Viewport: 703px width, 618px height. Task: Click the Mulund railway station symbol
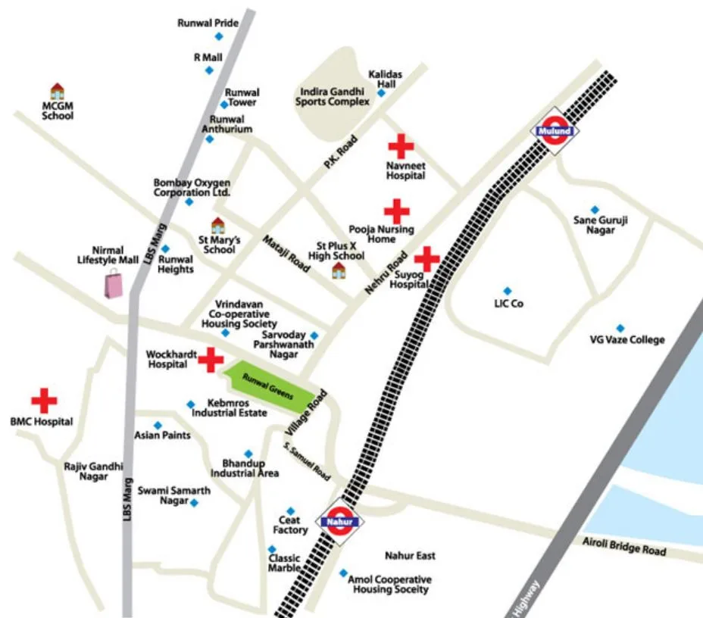click(556, 131)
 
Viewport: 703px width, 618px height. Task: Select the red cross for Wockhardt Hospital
click(211, 360)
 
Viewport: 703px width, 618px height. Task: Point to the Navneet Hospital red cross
click(401, 146)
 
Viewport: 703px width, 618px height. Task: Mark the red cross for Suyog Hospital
click(426, 259)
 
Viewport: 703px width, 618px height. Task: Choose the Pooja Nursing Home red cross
click(397, 211)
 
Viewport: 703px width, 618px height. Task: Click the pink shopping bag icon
click(113, 285)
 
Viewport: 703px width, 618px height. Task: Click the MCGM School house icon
click(57, 92)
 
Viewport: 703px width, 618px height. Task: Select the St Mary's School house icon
click(218, 225)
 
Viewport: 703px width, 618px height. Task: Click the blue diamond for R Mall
click(209, 70)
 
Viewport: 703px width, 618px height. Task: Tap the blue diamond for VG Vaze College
click(620, 328)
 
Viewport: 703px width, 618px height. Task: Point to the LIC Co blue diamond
click(507, 291)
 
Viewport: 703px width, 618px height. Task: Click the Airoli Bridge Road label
click(625, 547)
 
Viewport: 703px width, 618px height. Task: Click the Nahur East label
click(410, 556)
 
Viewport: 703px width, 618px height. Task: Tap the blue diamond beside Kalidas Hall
click(381, 93)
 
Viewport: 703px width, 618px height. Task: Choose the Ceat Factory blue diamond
click(290, 511)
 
